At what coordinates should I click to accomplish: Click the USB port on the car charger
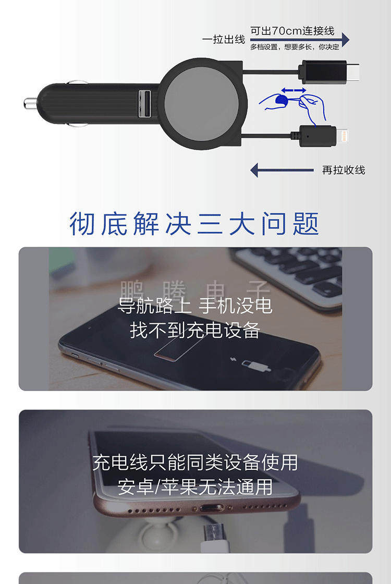coord(144,99)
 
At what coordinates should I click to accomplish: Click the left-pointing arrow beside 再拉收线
coord(282,170)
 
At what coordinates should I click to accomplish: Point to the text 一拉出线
coord(223,40)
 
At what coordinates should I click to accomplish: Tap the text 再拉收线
coord(343,170)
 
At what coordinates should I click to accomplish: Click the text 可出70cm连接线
coord(292,31)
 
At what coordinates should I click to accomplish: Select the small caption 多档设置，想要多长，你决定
coord(295,47)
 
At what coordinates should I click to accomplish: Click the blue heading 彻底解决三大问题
coord(194,224)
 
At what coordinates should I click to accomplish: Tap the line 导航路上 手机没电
coord(194,306)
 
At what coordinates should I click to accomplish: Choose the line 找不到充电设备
coord(194,330)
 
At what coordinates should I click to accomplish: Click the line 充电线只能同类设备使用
coord(195,462)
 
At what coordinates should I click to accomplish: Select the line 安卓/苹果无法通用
coord(195,486)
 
